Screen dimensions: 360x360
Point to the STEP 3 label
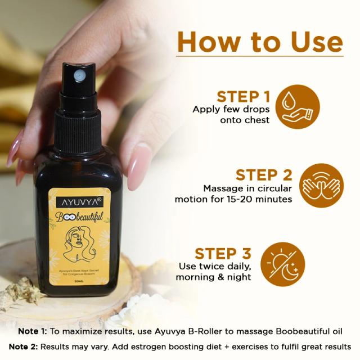tap(223, 253)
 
